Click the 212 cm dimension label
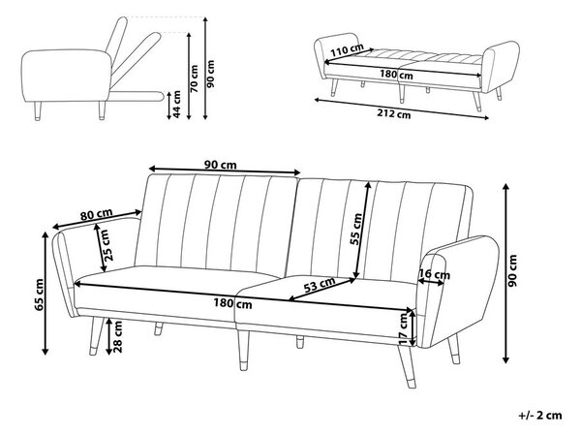pos(394,114)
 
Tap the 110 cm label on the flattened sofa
pos(347,50)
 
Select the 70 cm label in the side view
pos(194,78)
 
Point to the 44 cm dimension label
pos(177,105)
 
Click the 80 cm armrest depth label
pos(96,214)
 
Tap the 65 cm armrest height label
pos(39,295)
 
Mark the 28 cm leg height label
pos(117,337)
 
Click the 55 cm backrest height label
pos(356,229)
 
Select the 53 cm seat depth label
pos(320,285)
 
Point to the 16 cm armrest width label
pos(434,274)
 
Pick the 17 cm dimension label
pos(404,328)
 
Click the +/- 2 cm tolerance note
pos(540,415)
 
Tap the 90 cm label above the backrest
pos(221,165)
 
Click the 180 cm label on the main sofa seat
pos(232,303)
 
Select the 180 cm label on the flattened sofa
pos(396,75)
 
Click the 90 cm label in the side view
pos(210,74)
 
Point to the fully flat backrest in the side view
pos(136,96)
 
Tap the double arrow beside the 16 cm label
pos(431,283)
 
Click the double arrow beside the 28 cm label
pos(108,335)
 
